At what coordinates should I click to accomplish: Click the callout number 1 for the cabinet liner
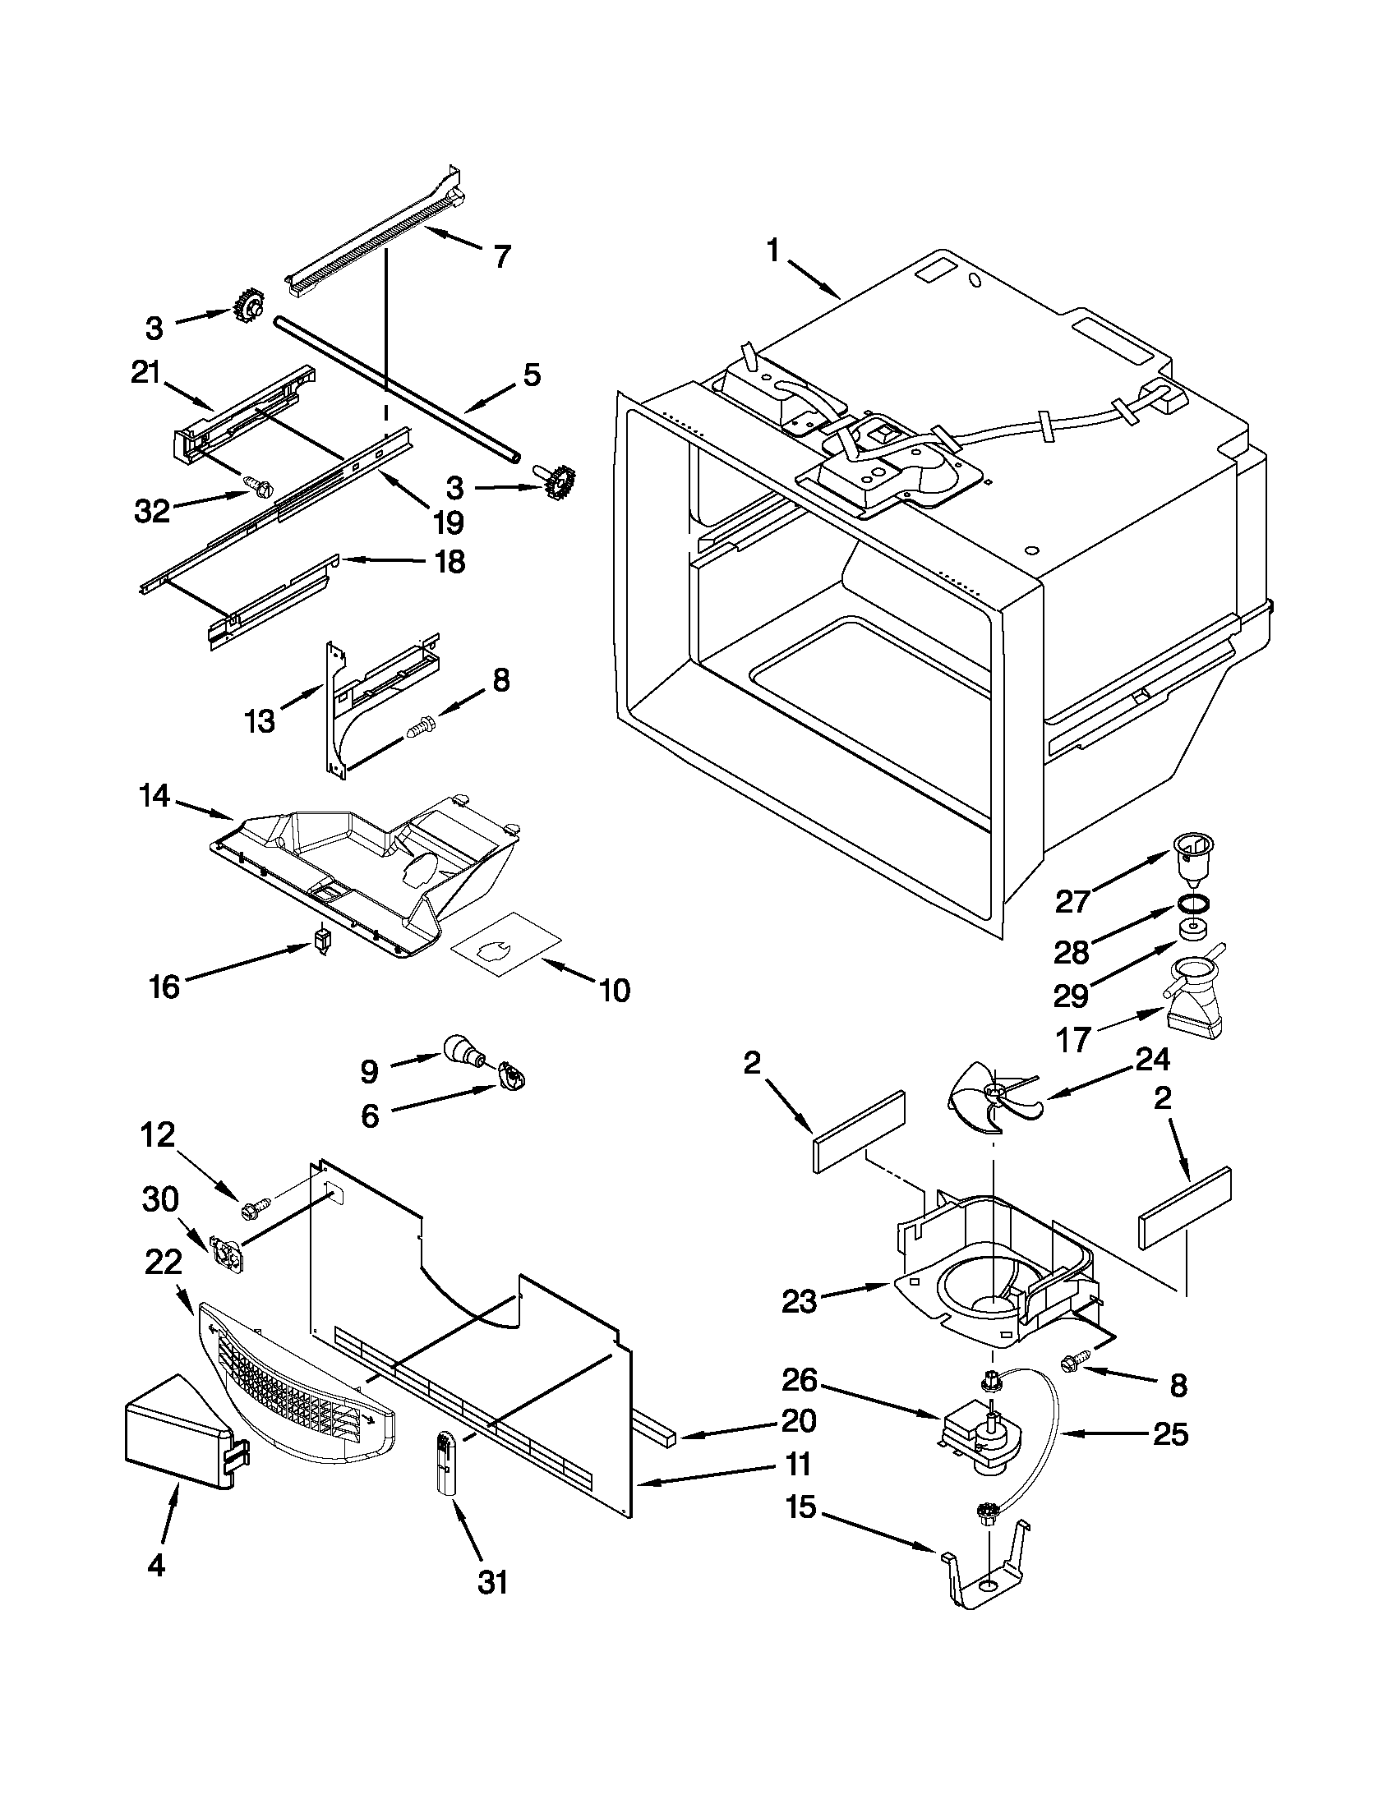click(x=772, y=250)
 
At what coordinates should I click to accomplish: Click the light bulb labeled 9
click(x=462, y=1050)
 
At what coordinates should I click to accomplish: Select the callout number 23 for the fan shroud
click(x=799, y=1302)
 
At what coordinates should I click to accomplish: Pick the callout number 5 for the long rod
click(x=531, y=375)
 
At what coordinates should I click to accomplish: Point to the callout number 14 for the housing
click(x=154, y=796)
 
